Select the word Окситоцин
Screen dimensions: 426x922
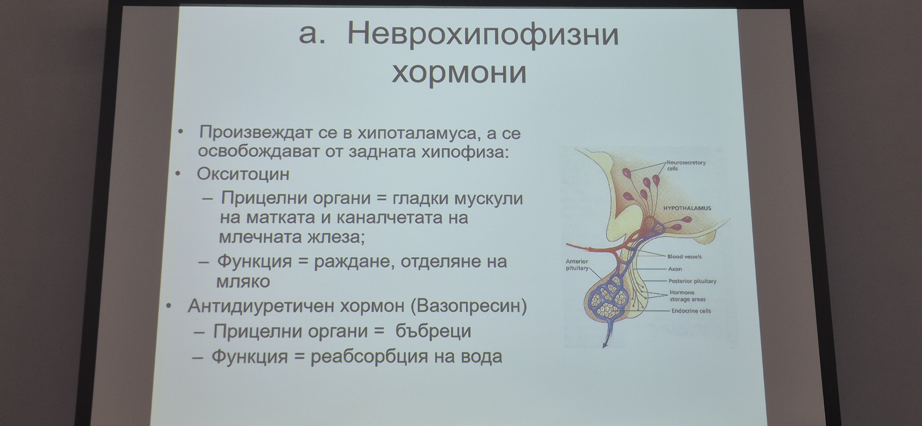pyautogui.click(x=243, y=174)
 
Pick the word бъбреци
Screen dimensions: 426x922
pyautogui.click(x=433, y=331)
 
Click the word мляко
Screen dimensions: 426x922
pyautogui.click(x=243, y=282)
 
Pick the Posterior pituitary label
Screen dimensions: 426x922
pyautogui.click(x=692, y=281)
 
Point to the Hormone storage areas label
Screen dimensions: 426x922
pyautogui.click(x=687, y=296)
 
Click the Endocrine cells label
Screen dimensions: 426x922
pyautogui.click(x=691, y=311)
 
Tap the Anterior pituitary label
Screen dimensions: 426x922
pyautogui.click(x=577, y=265)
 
